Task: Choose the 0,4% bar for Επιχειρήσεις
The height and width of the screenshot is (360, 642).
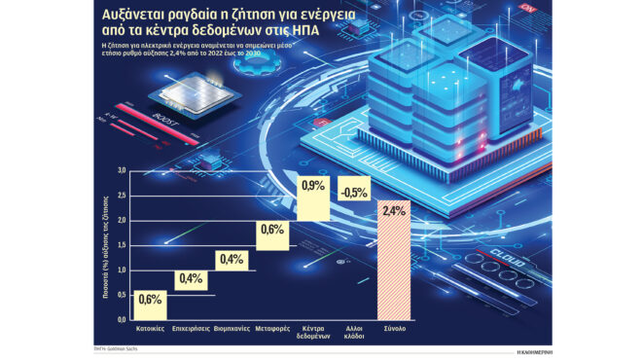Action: pyautogui.click(x=191, y=279)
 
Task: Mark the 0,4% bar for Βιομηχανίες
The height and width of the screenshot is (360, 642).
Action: pyautogui.click(x=232, y=259)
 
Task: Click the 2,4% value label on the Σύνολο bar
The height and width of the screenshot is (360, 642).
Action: pyautogui.click(x=395, y=211)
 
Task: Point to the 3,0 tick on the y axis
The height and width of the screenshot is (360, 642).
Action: pyautogui.click(x=122, y=170)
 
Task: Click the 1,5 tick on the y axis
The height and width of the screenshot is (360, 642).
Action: pyautogui.click(x=122, y=244)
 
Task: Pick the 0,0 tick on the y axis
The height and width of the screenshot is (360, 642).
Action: pyautogui.click(x=122, y=319)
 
